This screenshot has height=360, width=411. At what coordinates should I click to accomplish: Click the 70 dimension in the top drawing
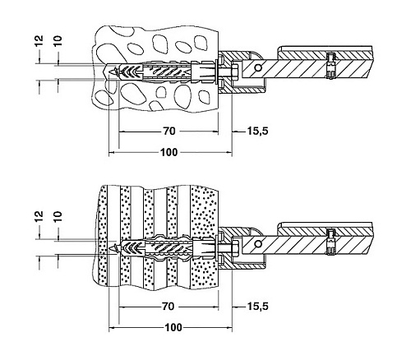pos(169,132)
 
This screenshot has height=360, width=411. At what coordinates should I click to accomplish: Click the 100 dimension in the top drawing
pos(169,152)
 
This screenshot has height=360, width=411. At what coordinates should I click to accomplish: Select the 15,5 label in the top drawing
pos(258,132)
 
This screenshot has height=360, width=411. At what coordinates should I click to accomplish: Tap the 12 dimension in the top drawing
pos(39,41)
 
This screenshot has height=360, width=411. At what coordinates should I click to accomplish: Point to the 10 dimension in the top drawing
pos(58,41)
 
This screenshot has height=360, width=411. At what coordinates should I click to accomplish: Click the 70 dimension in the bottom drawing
pos(168,307)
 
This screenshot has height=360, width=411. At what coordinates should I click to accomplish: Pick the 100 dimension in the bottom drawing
pos(173,327)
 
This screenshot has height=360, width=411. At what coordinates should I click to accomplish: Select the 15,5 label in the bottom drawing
pos(258,307)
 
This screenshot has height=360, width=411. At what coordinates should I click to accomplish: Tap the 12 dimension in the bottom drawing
pos(39,216)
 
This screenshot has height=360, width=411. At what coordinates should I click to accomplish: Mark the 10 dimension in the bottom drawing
pos(58,216)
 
